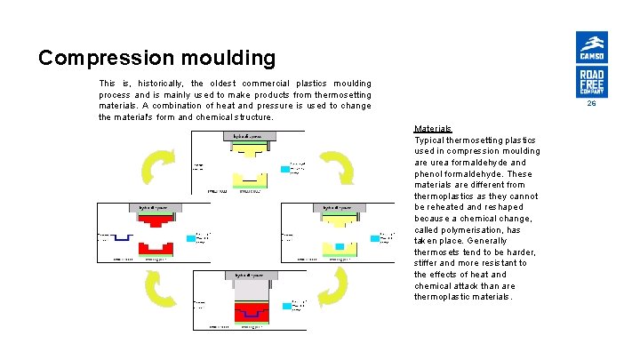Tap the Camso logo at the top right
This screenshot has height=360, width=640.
coord(591,46)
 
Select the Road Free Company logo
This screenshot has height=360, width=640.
coord(591,81)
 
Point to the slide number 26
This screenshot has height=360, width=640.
coord(591,104)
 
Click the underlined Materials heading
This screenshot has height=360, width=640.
coord(433,128)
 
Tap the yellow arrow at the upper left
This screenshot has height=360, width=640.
coord(156,166)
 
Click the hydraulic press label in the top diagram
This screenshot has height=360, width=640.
coord(247,136)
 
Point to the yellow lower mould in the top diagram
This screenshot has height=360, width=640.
coord(248,175)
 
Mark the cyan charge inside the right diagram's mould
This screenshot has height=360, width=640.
coord(339,245)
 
